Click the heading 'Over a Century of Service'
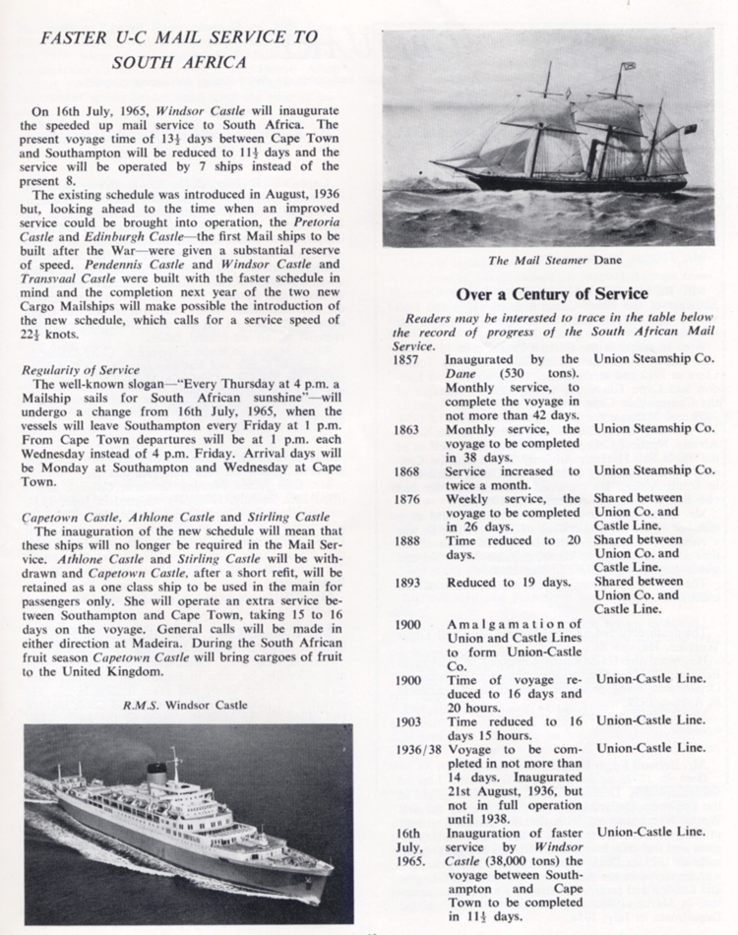[551, 293]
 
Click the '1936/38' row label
[416, 748]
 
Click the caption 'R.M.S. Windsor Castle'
[187, 704]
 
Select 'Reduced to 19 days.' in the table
[509, 582]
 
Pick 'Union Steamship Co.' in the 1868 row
[654, 470]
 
